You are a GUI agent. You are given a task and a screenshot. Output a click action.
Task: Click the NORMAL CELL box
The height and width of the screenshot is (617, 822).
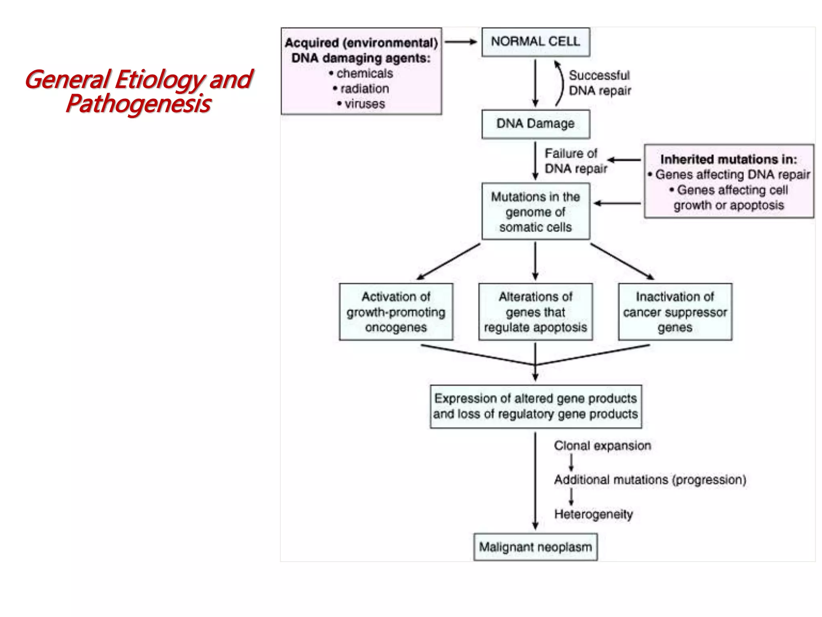(535, 42)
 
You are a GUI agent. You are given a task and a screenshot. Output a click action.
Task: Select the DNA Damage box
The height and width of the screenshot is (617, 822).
(535, 124)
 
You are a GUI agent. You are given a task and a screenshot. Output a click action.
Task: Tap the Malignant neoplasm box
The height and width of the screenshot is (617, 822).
(535, 547)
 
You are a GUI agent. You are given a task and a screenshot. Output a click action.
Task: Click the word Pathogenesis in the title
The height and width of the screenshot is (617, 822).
(138, 104)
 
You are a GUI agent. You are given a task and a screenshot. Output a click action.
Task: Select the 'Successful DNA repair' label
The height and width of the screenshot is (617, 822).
(600, 83)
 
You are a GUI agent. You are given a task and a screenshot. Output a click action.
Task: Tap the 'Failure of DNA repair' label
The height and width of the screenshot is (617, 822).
(575, 161)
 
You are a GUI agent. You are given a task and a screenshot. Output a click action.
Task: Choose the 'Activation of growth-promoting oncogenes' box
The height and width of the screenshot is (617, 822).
(396, 312)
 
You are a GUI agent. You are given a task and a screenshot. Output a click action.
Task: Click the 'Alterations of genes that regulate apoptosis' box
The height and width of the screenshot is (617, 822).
(535, 312)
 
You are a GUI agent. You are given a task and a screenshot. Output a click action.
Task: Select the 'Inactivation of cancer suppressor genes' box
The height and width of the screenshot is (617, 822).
(675, 312)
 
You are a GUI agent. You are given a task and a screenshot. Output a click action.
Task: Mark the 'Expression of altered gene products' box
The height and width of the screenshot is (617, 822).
(535, 407)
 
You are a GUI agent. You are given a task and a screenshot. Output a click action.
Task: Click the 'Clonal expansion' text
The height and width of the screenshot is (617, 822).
(602, 446)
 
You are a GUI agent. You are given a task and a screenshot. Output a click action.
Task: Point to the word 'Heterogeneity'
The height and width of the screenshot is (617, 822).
(593, 514)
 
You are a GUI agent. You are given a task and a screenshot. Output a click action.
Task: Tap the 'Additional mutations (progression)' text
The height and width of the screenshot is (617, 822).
(650, 480)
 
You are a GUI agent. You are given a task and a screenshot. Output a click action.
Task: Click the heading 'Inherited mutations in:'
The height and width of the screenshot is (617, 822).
(728, 159)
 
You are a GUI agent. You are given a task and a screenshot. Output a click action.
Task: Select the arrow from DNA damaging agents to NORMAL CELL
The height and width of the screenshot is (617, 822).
(461, 42)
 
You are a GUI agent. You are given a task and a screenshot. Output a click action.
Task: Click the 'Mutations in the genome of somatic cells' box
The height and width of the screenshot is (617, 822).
(535, 212)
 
